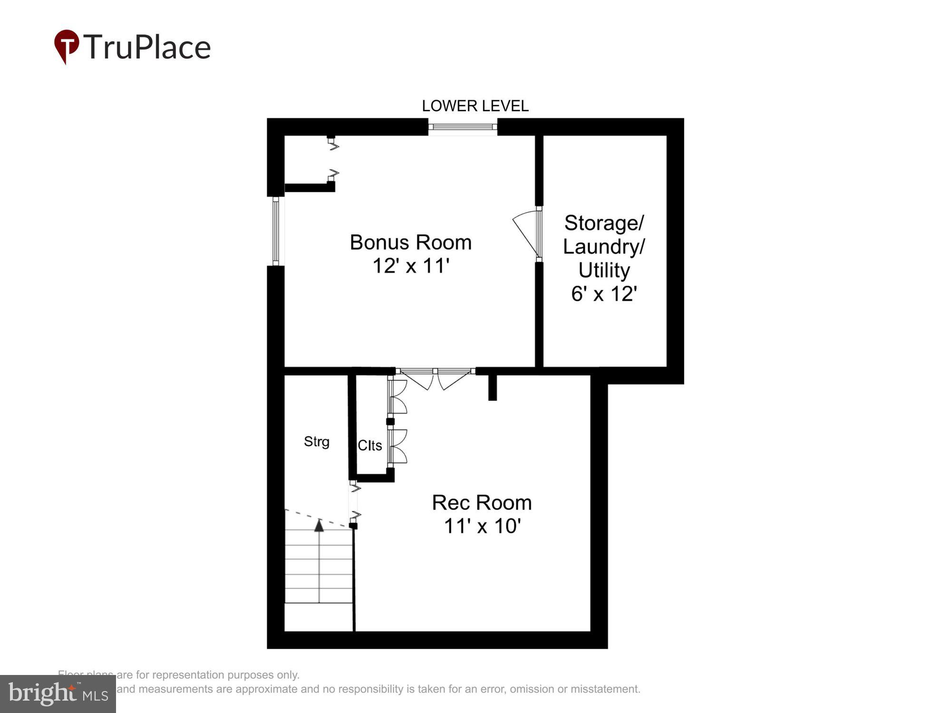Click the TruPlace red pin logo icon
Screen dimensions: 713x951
tap(67, 46)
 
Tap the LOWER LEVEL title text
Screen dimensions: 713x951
tap(475, 106)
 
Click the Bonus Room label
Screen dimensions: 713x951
tap(410, 242)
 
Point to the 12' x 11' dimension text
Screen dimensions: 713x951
tap(410, 266)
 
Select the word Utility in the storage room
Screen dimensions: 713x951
tap(604, 270)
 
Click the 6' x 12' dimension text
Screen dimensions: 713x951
tap(604, 294)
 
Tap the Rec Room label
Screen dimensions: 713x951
tap(482, 502)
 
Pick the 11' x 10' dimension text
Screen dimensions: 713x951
tap(482, 526)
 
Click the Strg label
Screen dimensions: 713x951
tap(317, 442)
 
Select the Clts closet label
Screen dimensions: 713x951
tap(369, 445)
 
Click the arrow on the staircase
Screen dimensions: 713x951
tap(319, 525)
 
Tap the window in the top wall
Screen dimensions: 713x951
tap(463, 127)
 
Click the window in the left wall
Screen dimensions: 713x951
tap(276, 231)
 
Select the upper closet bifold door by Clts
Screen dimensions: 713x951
tap(397, 397)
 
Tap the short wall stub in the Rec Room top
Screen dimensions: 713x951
tap(493, 387)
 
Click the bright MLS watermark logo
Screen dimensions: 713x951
tap(58, 694)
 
